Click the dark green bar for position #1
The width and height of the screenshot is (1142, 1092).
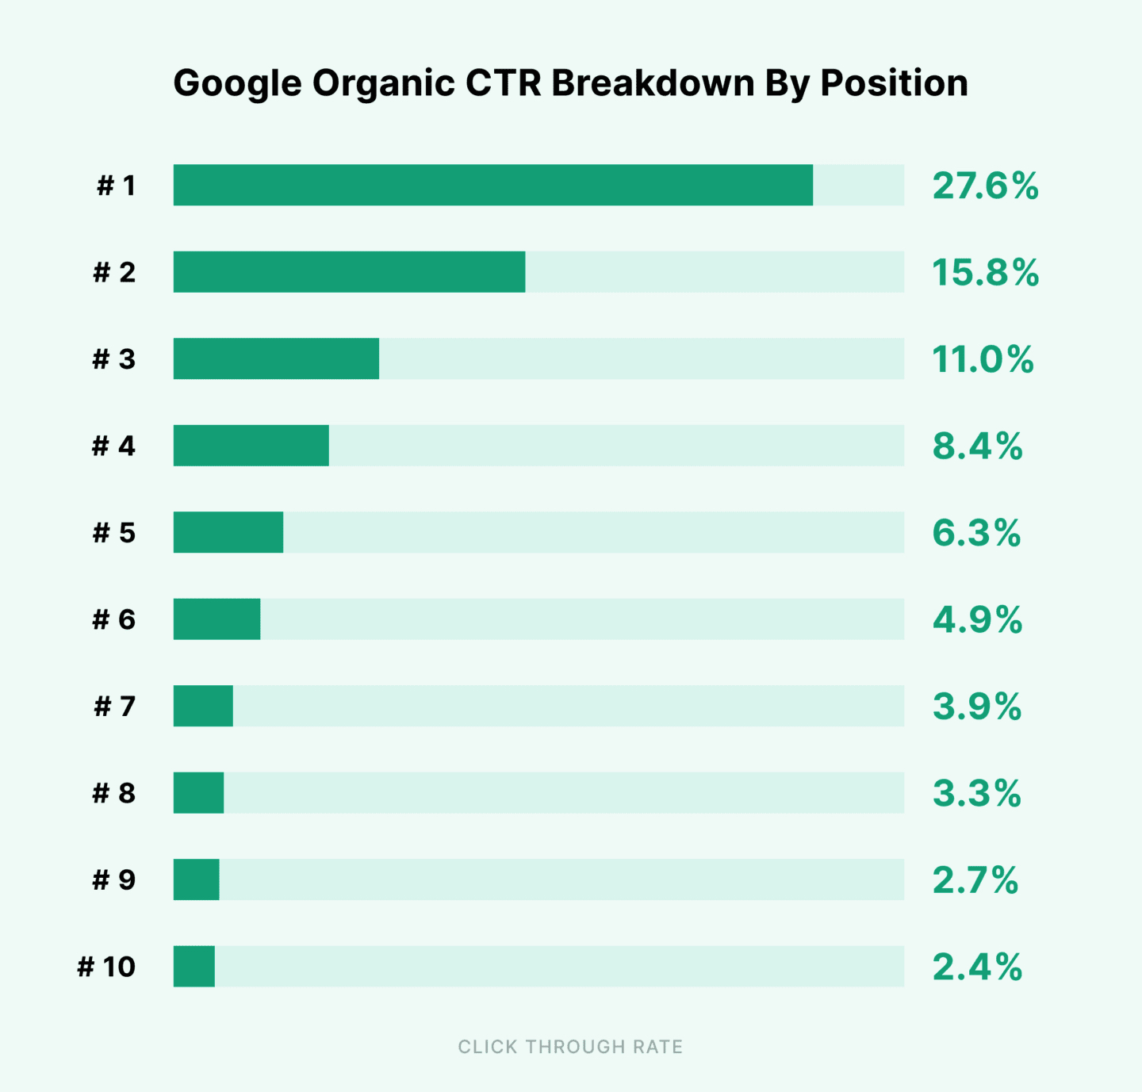(492, 185)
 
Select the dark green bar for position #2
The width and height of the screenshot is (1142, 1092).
(349, 272)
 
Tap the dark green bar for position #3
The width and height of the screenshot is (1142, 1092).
(276, 358)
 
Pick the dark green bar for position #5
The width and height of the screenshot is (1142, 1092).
(228, 532)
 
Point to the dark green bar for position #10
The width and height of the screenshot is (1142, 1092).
(194, 966)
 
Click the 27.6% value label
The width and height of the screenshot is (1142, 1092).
(985, 186)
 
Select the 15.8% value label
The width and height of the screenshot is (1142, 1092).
(985, 273)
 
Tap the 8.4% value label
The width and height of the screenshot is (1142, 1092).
(977, 446)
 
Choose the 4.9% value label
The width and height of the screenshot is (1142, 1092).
(977, 619)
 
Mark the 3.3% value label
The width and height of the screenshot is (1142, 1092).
(976, 793)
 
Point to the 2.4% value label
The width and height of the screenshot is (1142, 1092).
(977, 967)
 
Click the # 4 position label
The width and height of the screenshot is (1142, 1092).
(113, 446)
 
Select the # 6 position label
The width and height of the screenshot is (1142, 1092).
(113, 619)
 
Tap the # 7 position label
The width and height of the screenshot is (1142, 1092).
(114, 706)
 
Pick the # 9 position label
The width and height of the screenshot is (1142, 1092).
(113, 879)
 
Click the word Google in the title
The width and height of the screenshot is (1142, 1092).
(237, 84)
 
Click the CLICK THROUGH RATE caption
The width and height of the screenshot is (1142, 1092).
(570, 1047)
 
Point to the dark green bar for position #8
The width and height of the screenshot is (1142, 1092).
(198, 792)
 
